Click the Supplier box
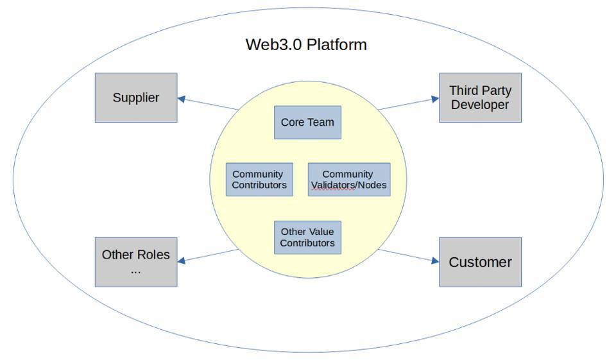pyautogui.click(x=136, y=98)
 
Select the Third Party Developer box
pyautogui.click(x=480, y=98)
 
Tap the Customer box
pyautogui.click(x=480, y=262)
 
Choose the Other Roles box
pyautogui.click(x=136, y=262)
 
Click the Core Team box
pyautogui.click(x=307, y=122)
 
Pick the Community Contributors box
pyautogui.click(x=259, y=179)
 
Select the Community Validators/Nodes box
pyautogui.click(x=349, y=179)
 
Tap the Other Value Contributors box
pyautogui.click(x=307, y=237)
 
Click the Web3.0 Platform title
pyautogui.click(x=306, y=44)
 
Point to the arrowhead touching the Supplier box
pyautogui.click(x=181, y=99)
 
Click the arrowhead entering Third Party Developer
pyautogui.click(x=435, y=99)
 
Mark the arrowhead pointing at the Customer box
pyautogui.click(x=435, y=261)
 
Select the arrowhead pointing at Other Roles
pyautogui.click(x=181, y=261)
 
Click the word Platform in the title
pyautogui.click(x=337, y=44)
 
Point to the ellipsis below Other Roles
pyautogui.click(x=135, y=271)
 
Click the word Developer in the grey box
pyautogui.click(x=480, y=105)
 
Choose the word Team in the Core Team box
pyautogui.click(x=321, y=122)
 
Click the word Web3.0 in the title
pyautogui.click(x=274, y=44)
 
